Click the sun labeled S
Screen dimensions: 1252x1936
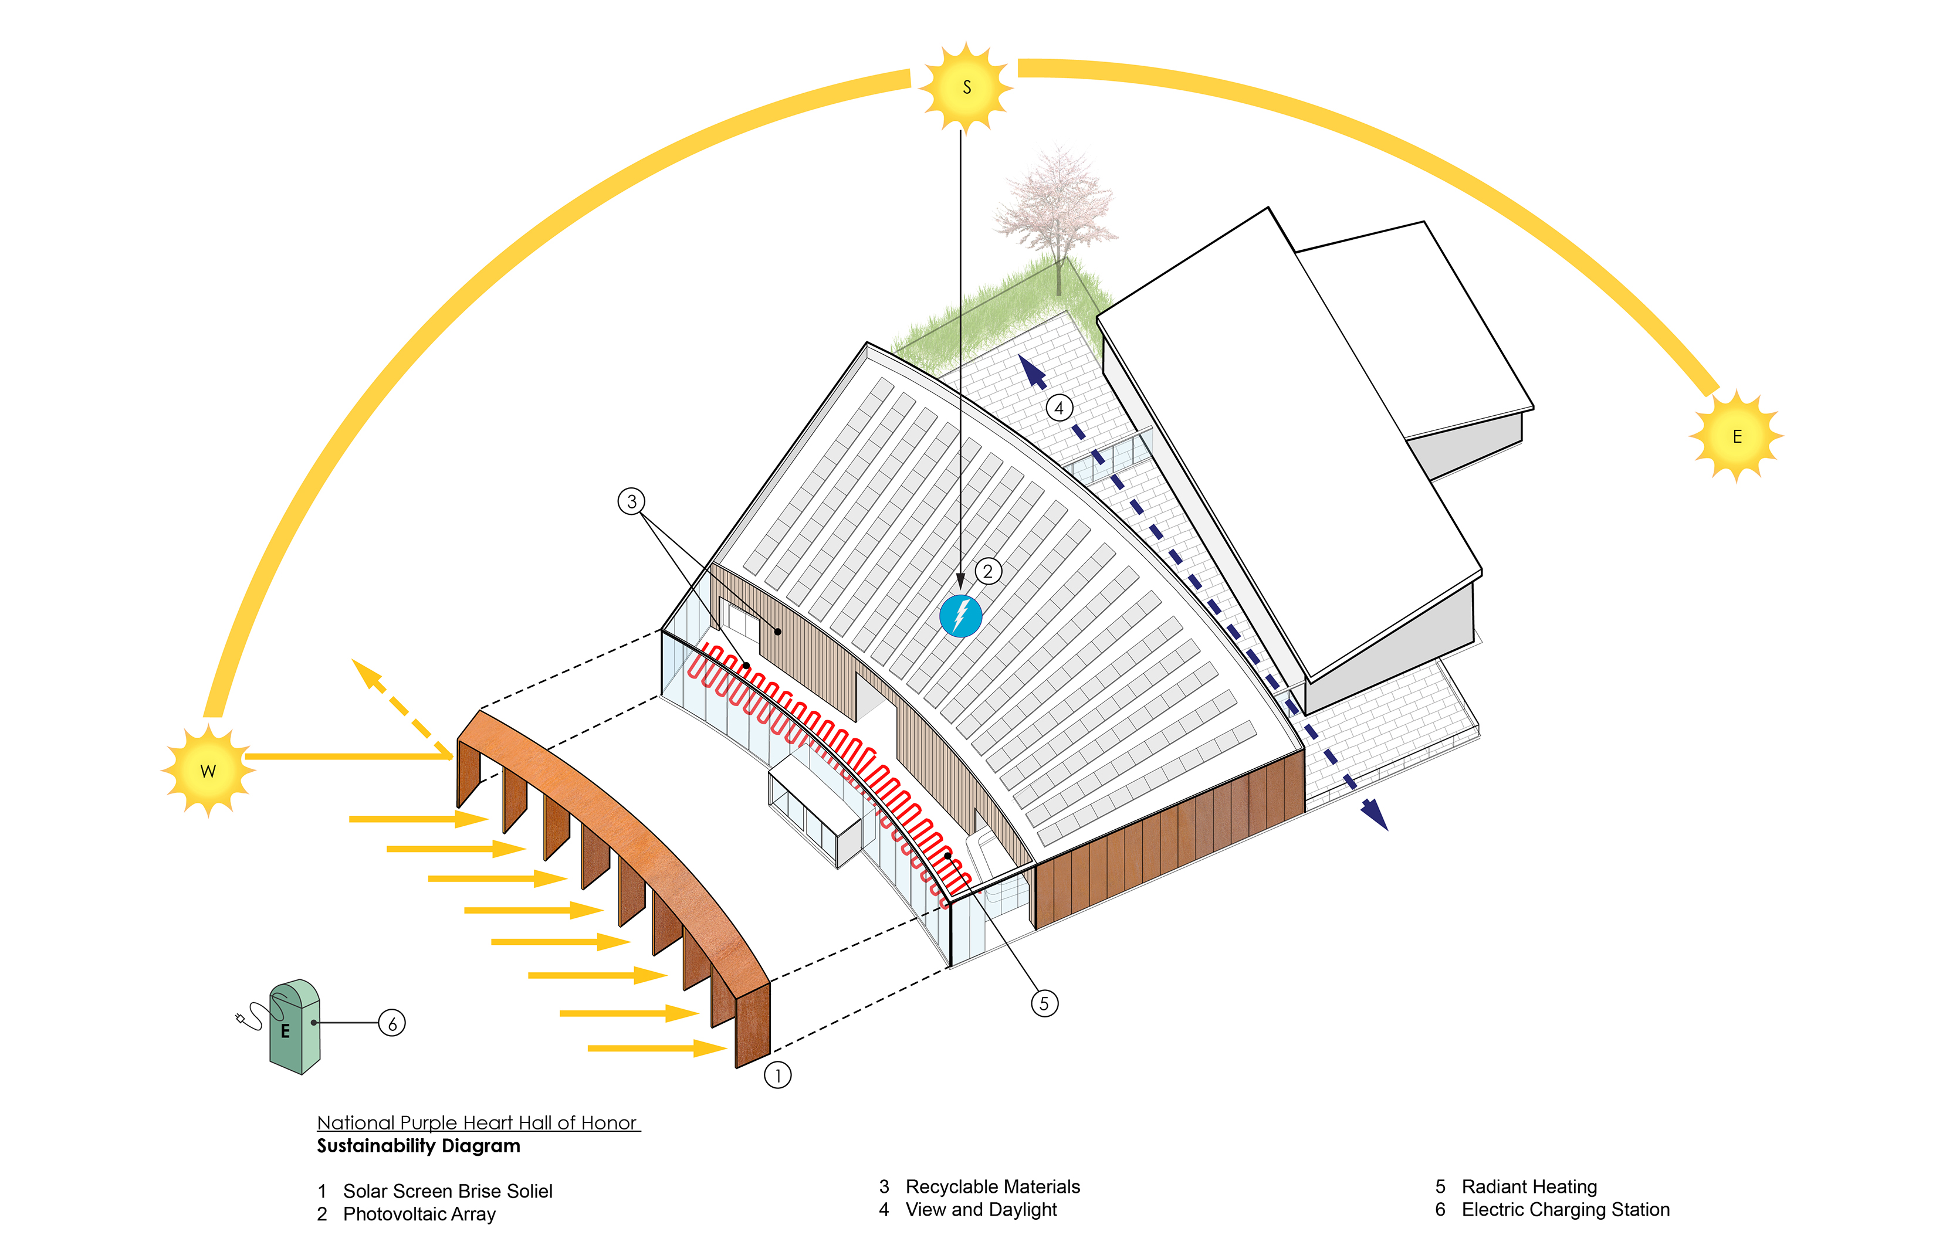click(x=966, y=87)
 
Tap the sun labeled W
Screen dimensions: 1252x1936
click(x=208, y=770)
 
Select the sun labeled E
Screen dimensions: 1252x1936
click(x=1736, y=436)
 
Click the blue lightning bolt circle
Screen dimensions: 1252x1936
click(x=960, y=615)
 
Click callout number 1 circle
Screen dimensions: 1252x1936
click(x=777, y=1075)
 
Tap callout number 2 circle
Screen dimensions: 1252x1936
click(x=988, y=571)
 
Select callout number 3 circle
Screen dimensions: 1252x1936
click(x=632, y=501)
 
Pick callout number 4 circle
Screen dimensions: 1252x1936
click(x=1059, y=408)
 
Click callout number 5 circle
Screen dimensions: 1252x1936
click(x=1044, y=1003)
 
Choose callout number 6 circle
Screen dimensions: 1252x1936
click(x=392, y=1023)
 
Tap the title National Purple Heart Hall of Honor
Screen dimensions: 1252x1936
click(x=478, y=1123)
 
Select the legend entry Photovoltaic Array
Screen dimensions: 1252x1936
click(x=419, y=1214)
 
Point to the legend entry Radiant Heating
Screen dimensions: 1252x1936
click(x=1529, y=1186)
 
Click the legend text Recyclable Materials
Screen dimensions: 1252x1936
click(x=992, y=1186)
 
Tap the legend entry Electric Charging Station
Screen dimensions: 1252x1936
click(x=1565, y=1209)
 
